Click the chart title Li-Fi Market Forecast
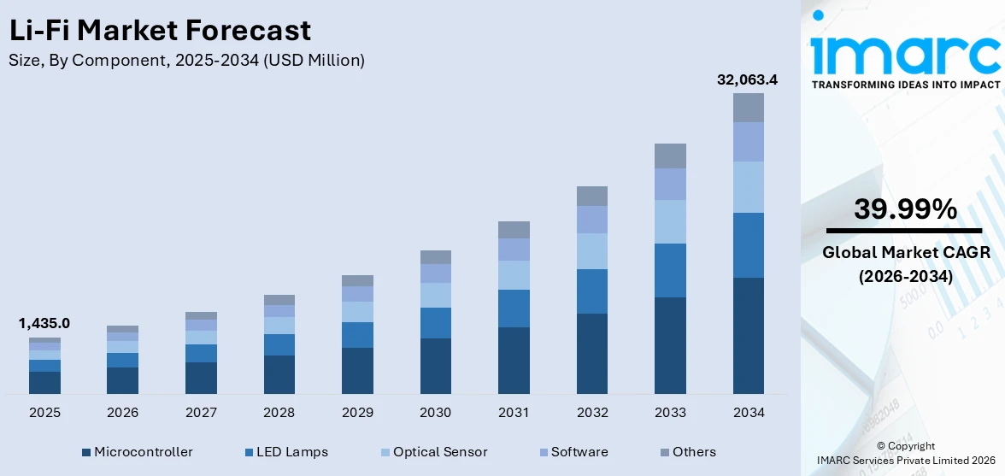click(x=159, y=31)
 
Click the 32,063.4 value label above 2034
click(x=747, y=80)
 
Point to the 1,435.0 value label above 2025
click(x=44, y=323)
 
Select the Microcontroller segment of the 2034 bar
click(x=748, y=335)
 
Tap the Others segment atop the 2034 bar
click(x=748, y=108)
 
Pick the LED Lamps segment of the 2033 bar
click(x=670, y=270)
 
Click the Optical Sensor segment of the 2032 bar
click(x=591, y=251)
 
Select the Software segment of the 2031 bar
click(x=514, y=249)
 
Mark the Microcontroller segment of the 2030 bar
click(x=435, y=366)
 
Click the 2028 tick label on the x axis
click(x=279, y=413)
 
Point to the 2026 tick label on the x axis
click(x=122, y=413)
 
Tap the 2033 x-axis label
click(x=670, y=413)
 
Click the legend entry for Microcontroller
click(x=138, y=452)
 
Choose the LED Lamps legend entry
click(x=286, y=452)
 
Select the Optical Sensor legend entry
click(x=432, y=452)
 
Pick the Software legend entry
click(x=572, y=452)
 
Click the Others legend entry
click(x=688, y=452)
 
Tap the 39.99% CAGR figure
click(x=904, y=209)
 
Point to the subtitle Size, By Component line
click(x=186, y=60)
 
